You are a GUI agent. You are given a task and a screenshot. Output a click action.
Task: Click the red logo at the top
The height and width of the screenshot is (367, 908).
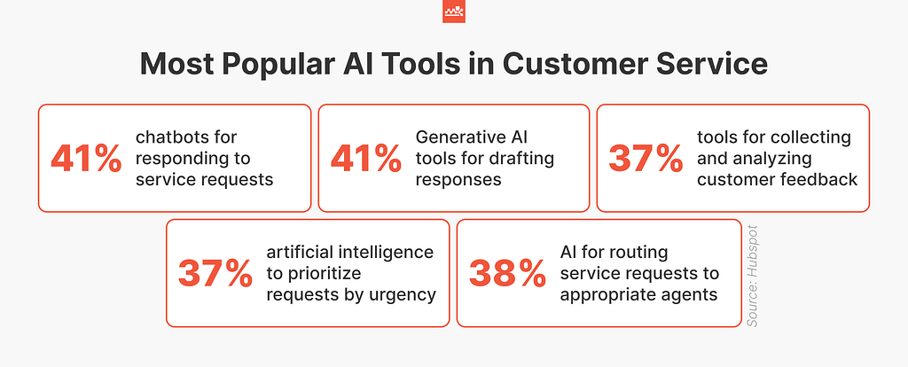click(x=453, y=12)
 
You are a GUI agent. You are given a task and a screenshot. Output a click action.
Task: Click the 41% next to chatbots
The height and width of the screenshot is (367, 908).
click(x=85, y=158)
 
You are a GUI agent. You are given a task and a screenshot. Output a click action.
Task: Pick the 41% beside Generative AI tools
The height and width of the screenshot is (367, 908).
click(x=365, y=158)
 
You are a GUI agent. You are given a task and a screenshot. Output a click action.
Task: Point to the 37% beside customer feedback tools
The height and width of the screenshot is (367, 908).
click(x=646, y=158)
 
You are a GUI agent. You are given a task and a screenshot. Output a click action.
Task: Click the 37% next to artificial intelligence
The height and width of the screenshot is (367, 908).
click(x=215, y=273)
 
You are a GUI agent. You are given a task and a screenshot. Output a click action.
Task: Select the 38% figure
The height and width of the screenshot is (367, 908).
click(x=506, y=273)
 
